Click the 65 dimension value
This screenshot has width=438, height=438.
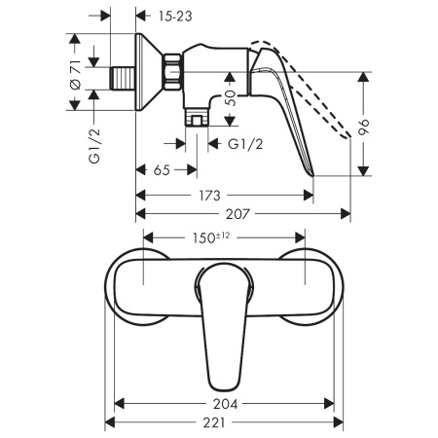[x=161, y=170]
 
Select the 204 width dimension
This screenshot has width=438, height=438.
[x=223, y=403]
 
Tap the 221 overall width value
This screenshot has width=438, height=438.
[x=224, y=423]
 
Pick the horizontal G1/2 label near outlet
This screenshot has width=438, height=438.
[x=249, y=144]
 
